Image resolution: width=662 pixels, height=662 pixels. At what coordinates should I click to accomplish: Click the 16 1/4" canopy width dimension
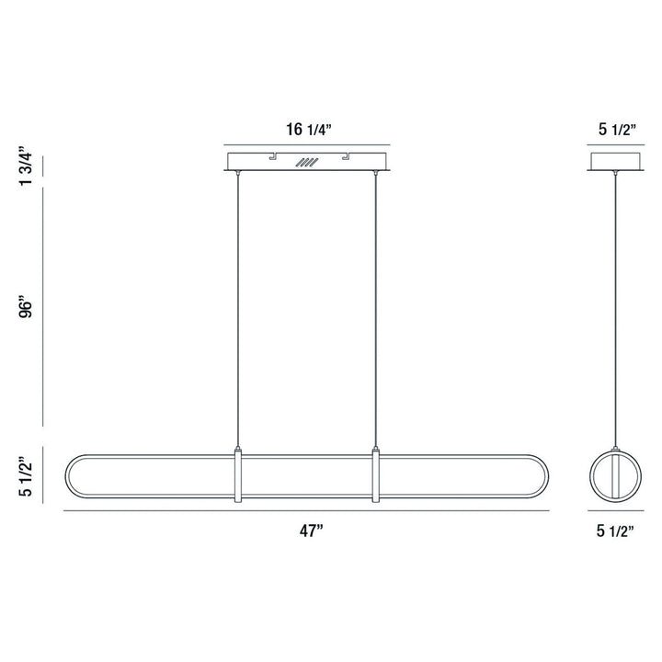tap(308, 131)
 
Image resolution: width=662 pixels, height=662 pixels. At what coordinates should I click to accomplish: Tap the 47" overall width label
tap(308, 531)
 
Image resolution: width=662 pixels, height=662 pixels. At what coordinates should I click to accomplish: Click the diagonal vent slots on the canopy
tap(306, 164)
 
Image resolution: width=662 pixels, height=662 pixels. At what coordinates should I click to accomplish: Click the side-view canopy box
tap(612, 162)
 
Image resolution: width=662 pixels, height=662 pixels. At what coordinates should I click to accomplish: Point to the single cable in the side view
tap(612, 303)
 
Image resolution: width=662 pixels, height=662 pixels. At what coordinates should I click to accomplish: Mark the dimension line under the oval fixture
tap(308, 509)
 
